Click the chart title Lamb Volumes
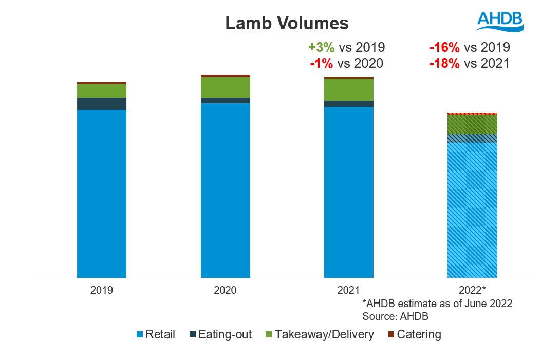[x=287, y=23]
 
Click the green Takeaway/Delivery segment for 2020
[x=225, y=87]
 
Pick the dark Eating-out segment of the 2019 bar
[x=102, y=104]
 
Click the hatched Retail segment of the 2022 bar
[x=472, y=210]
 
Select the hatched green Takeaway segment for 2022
[x=472, y=124]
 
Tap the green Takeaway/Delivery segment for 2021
[x=348, y=89]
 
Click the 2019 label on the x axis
[x=102, y=290]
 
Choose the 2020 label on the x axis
[x=225, y=290]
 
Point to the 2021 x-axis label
[x=348, y=290]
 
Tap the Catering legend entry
[x=414, y=335]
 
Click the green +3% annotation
[x=322, y=48]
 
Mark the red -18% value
[x=445, y=64]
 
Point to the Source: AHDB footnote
[x=395, y=316]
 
